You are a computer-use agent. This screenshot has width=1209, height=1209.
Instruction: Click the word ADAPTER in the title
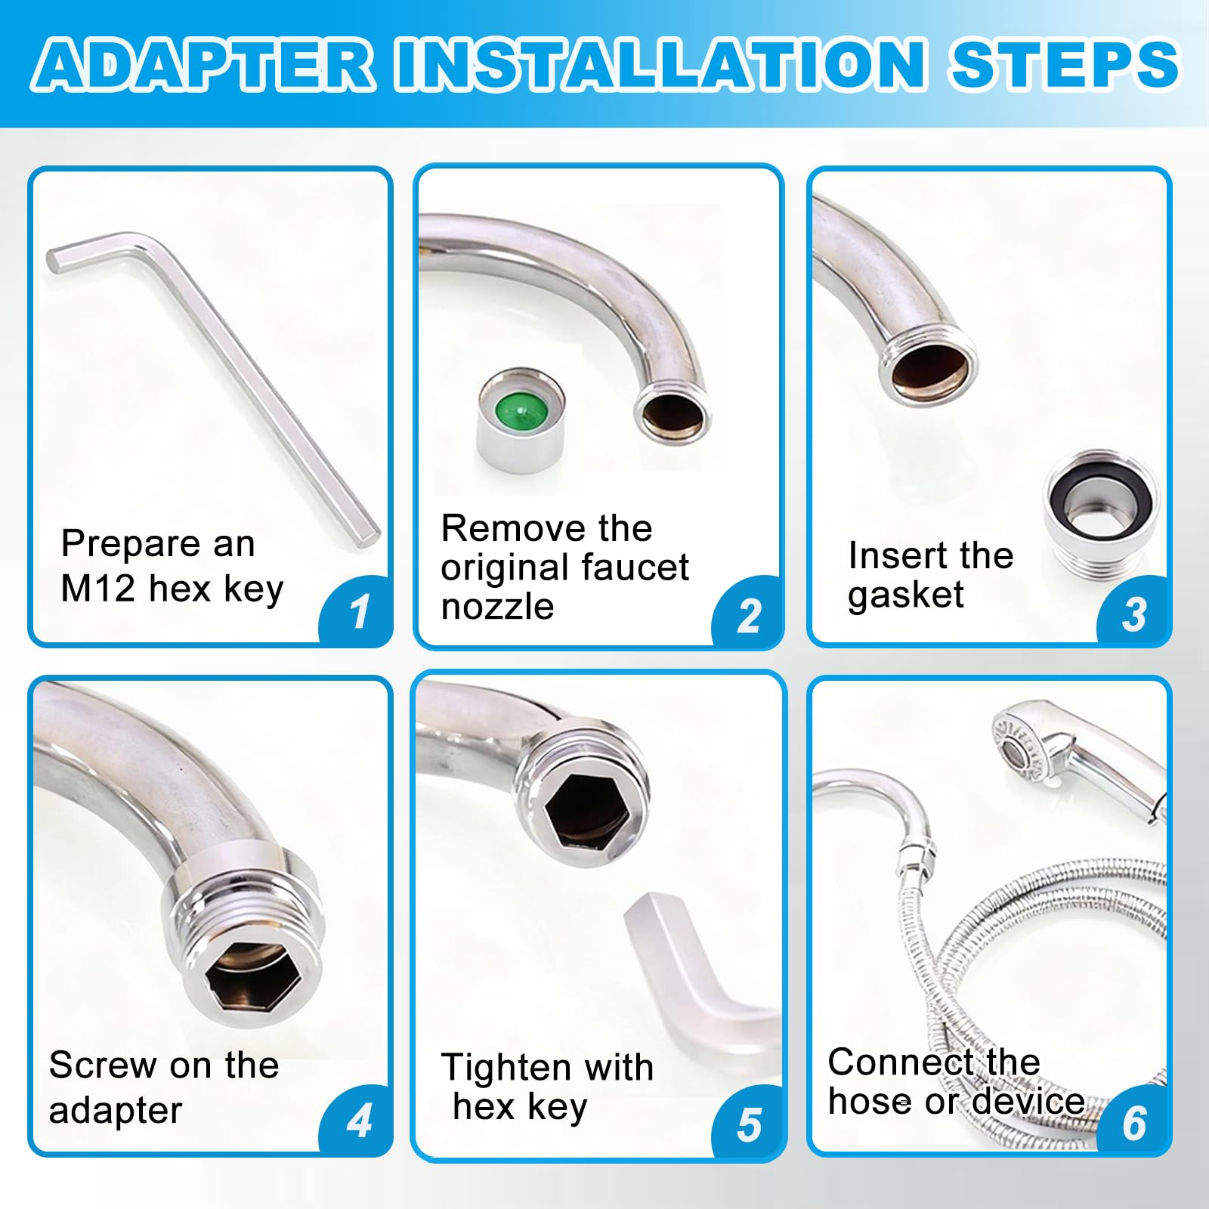pyautogui.click(x=203, y=65)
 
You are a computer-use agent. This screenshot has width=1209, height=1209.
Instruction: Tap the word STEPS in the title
pyautogui.click(x=1065, y=65)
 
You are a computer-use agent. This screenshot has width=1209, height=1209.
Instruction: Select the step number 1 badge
pyautogui.click(x=357, y=611)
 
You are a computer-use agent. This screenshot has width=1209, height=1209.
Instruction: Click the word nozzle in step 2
pyautogui.click(x=497, y=607)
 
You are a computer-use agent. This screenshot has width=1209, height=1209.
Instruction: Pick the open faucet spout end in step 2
pyautogui.click(x=673, y=412)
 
